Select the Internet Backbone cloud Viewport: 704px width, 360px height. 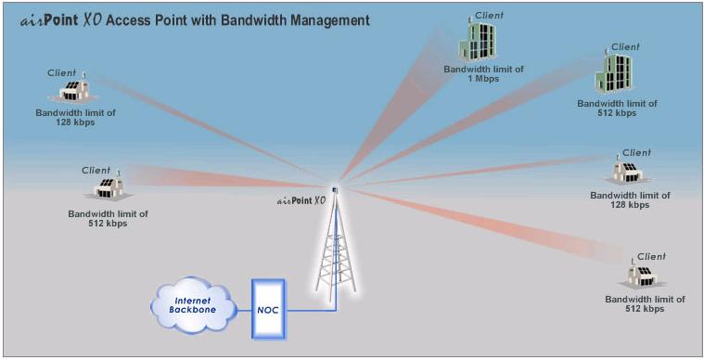point(196,305)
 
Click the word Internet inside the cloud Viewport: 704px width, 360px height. point(194,299)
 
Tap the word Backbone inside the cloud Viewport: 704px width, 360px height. point(195,312)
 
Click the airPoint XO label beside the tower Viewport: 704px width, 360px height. point(301,199)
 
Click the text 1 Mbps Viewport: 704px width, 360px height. point(483,78)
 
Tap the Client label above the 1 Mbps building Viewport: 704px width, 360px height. point(489,15)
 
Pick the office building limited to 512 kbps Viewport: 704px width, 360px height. point(616,73)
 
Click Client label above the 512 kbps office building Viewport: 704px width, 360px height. point(625,46)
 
